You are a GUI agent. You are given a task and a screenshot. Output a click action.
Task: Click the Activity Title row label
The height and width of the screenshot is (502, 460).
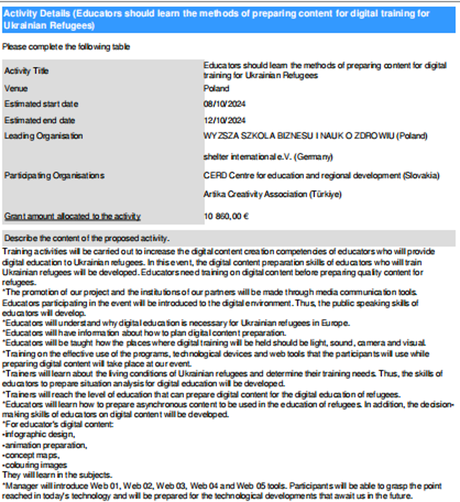click(x=26, y=71)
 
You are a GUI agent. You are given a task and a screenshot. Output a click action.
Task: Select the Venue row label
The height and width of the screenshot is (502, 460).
click(x=16, y=89)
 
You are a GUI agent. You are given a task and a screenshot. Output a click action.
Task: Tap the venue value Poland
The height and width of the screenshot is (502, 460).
click(x=216, y=89)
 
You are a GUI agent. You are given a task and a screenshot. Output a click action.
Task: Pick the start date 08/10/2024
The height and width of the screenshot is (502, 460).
click(x=224, y=104)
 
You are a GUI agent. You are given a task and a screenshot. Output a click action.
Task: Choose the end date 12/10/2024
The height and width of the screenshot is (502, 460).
click(x=224, y=120)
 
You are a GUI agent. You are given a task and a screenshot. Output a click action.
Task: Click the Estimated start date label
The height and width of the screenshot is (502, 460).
click(x=41, y=104)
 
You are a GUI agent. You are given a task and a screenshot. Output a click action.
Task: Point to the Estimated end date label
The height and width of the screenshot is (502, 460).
click(x=40, y=120)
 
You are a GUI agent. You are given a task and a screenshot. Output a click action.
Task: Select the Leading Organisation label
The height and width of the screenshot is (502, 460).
click(x=43, y=136)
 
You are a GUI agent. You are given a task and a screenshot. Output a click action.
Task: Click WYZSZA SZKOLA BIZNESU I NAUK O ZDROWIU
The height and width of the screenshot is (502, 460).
click(x=315, y=136)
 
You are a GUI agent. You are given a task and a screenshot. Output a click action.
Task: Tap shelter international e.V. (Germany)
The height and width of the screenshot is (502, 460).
click(x=268, y=157)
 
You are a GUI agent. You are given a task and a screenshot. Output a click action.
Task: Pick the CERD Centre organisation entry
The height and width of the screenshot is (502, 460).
click(x=321, y=175)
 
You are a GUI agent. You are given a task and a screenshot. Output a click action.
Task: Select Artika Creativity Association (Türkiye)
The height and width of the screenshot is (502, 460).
click(x=272, y=194)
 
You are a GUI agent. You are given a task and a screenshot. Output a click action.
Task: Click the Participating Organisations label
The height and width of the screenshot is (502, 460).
click(x=54, y=175)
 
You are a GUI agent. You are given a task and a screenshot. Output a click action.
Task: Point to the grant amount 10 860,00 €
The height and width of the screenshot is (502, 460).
click(x=226, y=216)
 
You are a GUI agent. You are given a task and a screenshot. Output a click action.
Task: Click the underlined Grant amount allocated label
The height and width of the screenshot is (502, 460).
click(x=72, y=216)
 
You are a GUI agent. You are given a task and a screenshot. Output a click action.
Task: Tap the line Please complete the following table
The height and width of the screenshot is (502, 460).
click(x=66, y=47)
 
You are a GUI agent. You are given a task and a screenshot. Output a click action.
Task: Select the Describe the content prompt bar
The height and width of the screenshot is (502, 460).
click(x=229, y=238)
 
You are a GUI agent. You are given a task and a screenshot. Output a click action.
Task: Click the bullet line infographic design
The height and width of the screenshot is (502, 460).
click(x=39, y=434)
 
